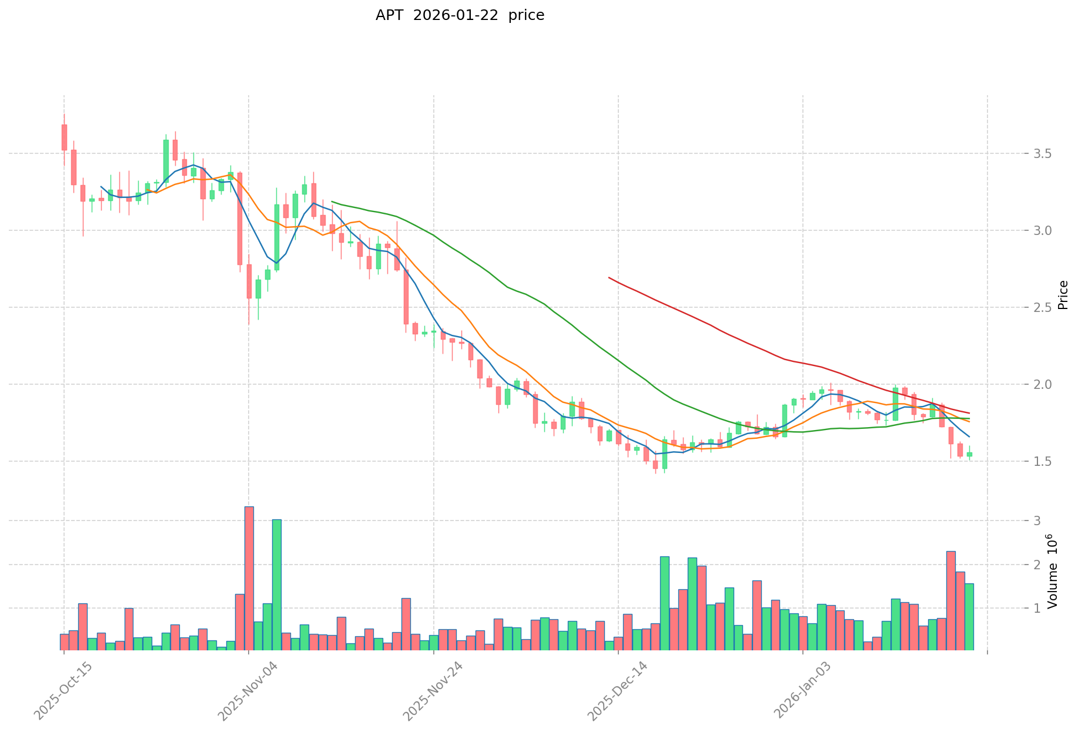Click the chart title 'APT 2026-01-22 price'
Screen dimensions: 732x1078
(x=460, y=15)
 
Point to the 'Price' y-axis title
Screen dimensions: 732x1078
(x=1063, y=295)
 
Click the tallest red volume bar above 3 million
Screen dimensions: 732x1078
(x=249, y=579)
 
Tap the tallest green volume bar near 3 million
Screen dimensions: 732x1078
(x=277, y=585)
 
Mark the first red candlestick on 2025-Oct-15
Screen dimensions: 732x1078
(x=64, y=137)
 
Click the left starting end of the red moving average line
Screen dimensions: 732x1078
(x=609, y=277)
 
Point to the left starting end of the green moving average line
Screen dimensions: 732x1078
(x=332, y=202)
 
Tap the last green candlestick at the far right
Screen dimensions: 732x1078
(x=969, y=454)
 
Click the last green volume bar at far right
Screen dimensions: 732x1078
(x=969, y=617)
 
